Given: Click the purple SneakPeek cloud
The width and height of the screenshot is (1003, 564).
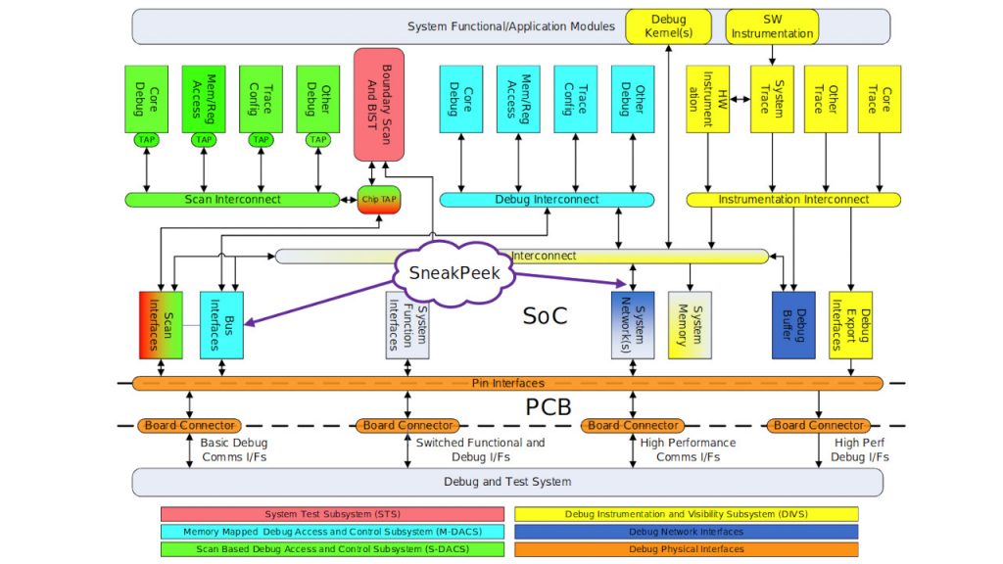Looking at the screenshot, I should (x=454, y=273).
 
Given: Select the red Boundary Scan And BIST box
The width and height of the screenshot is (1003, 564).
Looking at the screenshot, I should (x=378, y=104).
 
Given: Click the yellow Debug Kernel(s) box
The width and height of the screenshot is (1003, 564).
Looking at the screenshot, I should (x=668, y=26).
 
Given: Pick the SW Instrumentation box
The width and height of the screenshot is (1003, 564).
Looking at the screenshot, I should (x=771, y=26).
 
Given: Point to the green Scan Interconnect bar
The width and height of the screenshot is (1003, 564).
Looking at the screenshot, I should (x=232, y=200).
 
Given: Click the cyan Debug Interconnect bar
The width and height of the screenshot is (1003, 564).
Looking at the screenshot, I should (x=546, y=200).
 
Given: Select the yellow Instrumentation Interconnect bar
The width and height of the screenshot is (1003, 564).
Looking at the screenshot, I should (x=793, y=200).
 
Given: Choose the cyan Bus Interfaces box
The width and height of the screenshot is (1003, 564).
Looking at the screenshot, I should (x=221, y=324).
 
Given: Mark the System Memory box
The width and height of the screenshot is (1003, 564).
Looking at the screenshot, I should (x=690, y=324).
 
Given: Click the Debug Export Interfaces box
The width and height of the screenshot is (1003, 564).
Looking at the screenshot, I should (x=849, y=324).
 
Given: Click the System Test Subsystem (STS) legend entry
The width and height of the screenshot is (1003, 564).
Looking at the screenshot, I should (x=332, y=514).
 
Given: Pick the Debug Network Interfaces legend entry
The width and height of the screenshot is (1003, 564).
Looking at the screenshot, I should (x=686, y=532).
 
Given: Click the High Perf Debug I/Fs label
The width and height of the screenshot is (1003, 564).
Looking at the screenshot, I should (x=861, y=449).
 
